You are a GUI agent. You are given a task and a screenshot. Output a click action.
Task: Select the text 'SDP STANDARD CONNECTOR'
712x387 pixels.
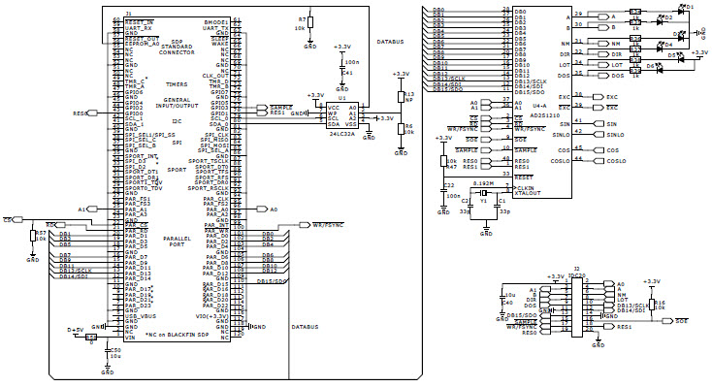click(x=177, y=47)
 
